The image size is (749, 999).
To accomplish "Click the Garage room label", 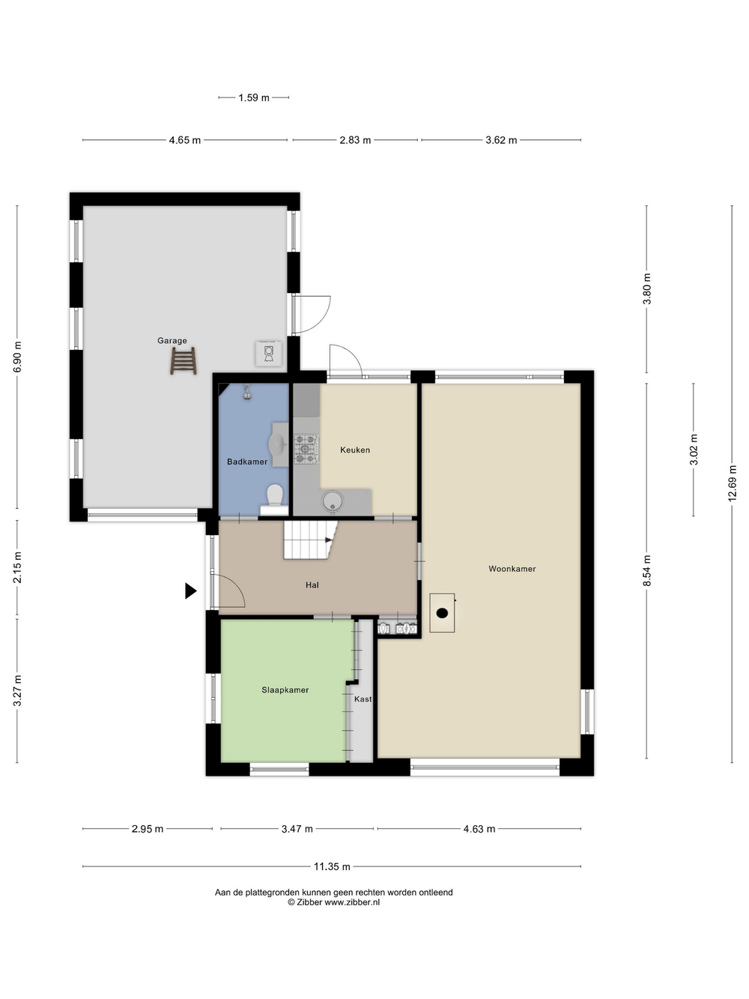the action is tap(172, 340).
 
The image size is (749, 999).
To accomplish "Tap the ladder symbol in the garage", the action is tap(184, 361).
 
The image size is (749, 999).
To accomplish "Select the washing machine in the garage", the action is tap(268, 353).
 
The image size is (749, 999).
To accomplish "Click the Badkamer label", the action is tap(247, 462).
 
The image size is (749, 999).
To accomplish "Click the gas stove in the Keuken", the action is tap(306, 449).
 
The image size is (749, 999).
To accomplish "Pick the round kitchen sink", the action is tap(333, 501).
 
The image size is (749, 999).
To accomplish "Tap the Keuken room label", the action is tap(355, 450).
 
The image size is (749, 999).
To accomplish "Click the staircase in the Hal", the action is tap(311, 540).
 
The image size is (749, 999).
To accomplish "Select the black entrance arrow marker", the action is tap(190, 591).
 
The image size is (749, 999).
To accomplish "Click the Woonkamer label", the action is tap(512, 569).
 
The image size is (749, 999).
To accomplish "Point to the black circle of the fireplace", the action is tap(442, 613).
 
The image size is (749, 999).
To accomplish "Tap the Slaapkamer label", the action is tap(285, 690).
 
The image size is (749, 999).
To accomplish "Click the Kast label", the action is tap(363, 699).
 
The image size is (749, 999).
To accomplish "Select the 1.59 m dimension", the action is tap(254, 97).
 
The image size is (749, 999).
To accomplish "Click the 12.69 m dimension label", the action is tap(732, 483).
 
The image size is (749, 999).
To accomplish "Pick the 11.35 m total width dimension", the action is tap(332, 866).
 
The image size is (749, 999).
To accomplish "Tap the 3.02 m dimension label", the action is tap(694, 450).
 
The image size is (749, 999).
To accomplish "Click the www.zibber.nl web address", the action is tap(352, 902).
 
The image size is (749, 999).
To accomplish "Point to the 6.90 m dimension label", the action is tap(17, 357).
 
